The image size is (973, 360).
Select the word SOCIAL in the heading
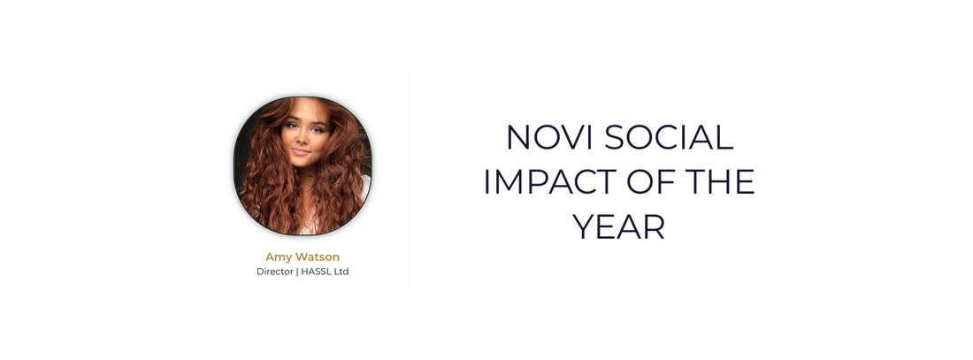[669, 137]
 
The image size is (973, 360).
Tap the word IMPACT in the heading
[550, 182]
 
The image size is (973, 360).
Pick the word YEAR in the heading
[619, 226]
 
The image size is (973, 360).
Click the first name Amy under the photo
[279, 257]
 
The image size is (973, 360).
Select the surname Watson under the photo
[317, 257]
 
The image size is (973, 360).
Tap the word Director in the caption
[275, 272]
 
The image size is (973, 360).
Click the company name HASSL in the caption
[316, 272]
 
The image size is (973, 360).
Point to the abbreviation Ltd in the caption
[341, 272]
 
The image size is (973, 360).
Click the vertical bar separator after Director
[297, 272]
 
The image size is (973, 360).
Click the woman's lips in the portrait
[301, 151]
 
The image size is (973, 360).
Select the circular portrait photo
[303, 165]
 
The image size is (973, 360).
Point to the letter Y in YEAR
[585, 226]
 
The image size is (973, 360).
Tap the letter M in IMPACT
[505, 182]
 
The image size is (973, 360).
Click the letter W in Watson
[302, 257]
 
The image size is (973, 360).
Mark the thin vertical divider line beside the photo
[410, 180]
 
